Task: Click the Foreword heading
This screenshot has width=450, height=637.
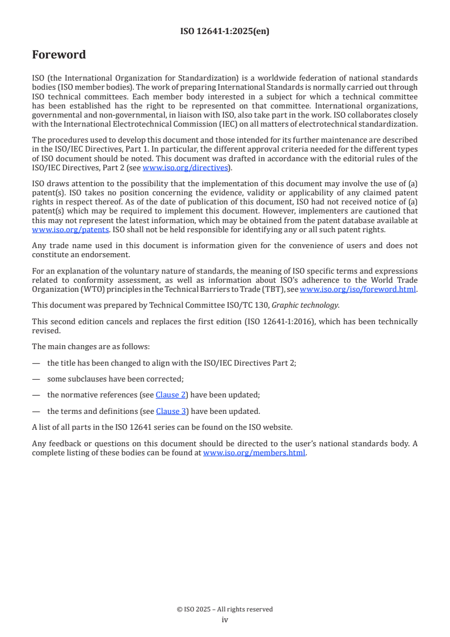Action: [59, 55]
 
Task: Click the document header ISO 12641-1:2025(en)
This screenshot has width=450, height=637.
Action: [225, 32]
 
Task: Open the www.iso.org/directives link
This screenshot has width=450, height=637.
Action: [185, 168]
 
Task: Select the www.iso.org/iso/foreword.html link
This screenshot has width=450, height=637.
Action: [358, 289]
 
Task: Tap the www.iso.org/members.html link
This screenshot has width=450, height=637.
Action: [254, 453]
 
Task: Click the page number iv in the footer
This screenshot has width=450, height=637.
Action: [225, 620]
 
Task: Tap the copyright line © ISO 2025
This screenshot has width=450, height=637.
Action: [225, 609]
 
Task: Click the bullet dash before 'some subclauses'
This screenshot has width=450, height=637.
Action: [36, 379]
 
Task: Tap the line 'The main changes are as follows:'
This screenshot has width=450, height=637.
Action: [84, 346]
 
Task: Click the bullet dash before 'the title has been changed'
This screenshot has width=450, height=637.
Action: [36, 362]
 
